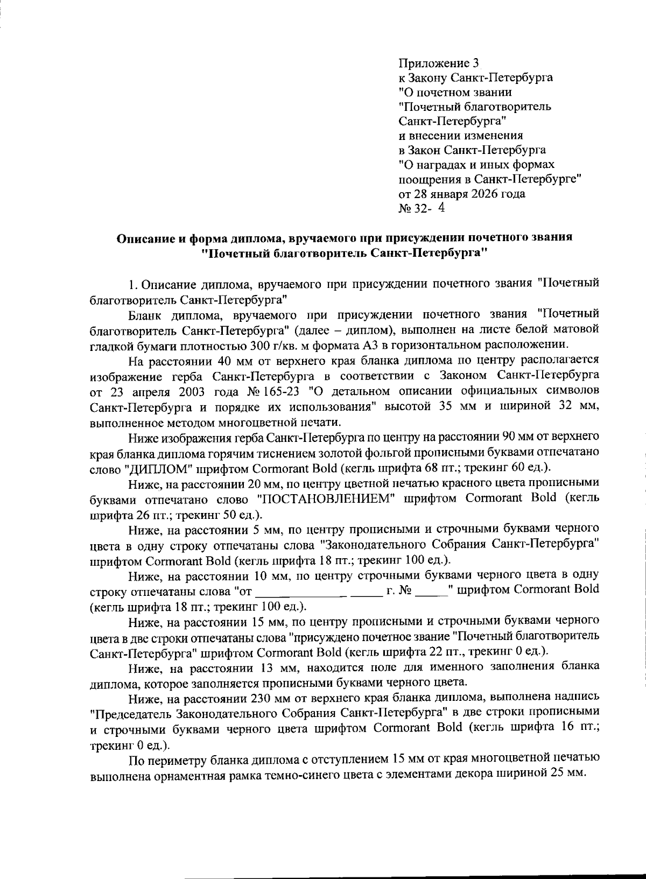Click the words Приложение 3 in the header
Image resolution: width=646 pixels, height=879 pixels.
[x=438, y=64]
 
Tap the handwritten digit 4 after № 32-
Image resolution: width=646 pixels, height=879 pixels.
[x=441, y=208]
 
